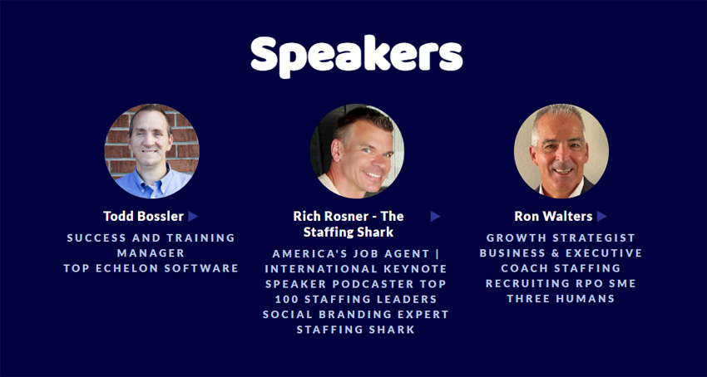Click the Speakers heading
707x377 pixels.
pos(356,56)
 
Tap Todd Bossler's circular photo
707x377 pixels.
pos(151,151)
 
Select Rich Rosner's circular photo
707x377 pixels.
pos(357,151)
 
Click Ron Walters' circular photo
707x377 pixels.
pos(561,151)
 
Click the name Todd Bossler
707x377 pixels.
pos(143,216)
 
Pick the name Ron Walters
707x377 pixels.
pos(553,216)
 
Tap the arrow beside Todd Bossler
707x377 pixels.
pos(193,216)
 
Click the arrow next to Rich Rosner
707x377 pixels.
pos(435,216)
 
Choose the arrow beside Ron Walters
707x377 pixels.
pos(601,216)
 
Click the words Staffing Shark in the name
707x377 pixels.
pos(349,232)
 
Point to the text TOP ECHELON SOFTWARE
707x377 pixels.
pos(151,268)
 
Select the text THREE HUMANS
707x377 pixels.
pos(561,299)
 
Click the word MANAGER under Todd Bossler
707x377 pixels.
pos(151,253)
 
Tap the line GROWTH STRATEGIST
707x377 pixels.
pos(561,237)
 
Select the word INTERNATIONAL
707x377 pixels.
pos(318,269)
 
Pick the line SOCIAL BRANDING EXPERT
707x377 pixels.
pos(356,315)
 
